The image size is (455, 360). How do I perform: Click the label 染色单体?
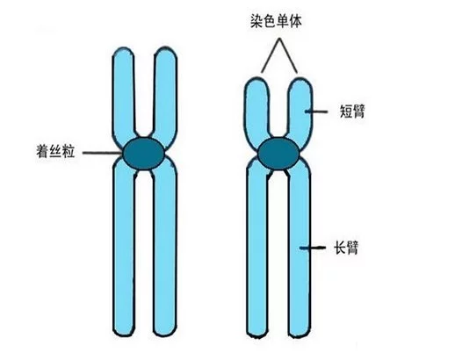point(276,21)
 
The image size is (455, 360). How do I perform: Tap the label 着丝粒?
point(55,151)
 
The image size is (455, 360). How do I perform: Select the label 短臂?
point(352,112)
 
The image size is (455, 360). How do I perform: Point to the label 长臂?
point(346,248)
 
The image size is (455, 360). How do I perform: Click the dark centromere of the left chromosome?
point(143,153)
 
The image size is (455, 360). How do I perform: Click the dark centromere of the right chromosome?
point(278,153)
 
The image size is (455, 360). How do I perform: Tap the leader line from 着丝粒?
point(103,153)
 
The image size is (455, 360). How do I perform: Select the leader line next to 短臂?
point(316,112)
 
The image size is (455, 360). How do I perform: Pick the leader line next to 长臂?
point(313,248)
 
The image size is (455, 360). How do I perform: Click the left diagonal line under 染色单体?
point(271,55)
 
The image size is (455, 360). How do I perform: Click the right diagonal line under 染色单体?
point(289,55)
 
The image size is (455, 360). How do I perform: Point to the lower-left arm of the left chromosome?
point(124,248)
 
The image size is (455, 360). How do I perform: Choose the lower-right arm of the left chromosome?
point(164,248)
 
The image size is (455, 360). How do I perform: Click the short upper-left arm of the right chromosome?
point(257,112)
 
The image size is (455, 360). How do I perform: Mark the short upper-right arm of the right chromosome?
point(300,112)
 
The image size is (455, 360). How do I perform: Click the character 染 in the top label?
point(256,21)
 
